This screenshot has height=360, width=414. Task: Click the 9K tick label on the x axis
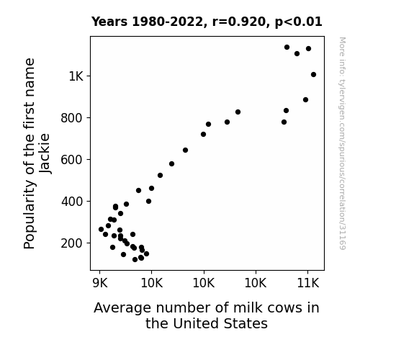point(100,283)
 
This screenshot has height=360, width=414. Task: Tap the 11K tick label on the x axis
point(308,283)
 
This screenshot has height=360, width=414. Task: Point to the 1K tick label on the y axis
point(76,76)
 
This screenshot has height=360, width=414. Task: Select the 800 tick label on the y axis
point(72,118)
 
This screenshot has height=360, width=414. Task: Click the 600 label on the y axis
point(72,160)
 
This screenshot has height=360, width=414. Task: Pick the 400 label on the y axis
point(72,202)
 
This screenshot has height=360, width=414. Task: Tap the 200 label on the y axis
point(72,243)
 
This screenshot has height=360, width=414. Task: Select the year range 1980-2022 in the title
point(167,22)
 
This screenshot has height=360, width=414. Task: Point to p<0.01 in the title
point(299,22)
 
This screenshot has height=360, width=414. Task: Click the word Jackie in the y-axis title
point(44,153)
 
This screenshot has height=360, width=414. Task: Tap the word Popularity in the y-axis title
point(30,215)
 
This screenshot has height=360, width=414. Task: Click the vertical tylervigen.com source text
point(342,143)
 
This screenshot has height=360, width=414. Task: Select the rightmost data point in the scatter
point(313,74)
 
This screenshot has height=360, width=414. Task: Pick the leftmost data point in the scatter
point(101,229)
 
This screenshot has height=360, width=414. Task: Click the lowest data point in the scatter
point(135,260)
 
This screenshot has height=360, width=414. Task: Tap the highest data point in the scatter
point(287,47)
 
